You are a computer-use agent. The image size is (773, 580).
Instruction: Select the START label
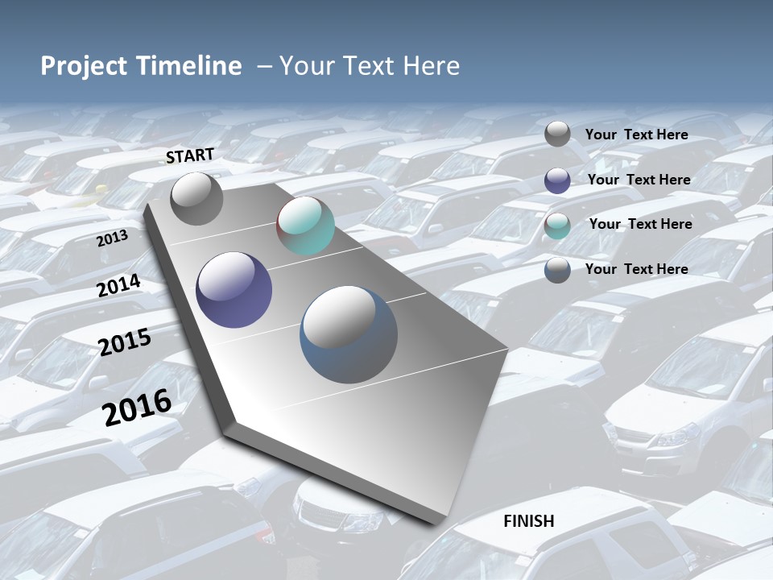pos(190,155)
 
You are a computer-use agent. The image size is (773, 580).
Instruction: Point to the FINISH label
pos(529,521)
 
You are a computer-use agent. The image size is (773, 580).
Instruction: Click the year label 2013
pos(112,238)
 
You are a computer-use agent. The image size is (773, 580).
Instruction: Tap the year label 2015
pos(125,342)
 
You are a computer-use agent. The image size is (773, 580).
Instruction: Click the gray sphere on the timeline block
pos(196,198)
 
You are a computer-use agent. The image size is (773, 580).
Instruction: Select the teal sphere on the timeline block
pos(305,226)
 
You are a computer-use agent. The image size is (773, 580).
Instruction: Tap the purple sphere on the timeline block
pos(234,290)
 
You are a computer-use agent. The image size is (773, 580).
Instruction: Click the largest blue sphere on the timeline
pos(349,333)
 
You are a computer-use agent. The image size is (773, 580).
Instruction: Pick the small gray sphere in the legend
pos(557,135)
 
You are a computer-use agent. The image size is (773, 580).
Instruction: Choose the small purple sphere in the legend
pos(557,180)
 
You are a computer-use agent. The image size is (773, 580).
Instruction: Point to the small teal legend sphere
pos(557,226)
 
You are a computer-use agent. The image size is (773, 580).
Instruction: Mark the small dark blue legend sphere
pos(557,270)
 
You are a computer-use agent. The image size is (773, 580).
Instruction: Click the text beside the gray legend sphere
pos(636,135)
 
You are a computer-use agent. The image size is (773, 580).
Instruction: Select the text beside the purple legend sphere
pos(639,180)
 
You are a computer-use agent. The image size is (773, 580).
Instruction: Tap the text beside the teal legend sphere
pos(640,224)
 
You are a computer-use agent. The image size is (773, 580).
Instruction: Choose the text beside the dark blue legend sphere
pos(636,269)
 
